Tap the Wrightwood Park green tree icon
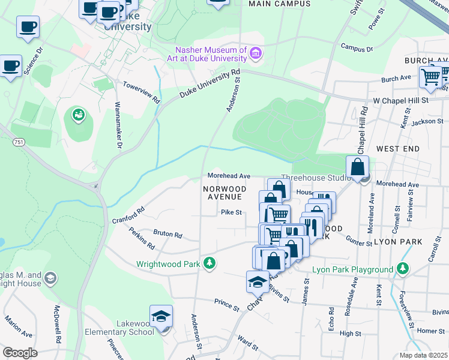(x=209, y=263)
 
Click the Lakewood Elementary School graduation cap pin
(x=161, y=316)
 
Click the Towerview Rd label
(x=142, y=91)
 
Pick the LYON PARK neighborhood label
(x=398, y=242)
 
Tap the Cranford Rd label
(x=128, y=215)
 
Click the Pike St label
(x=231, y=212)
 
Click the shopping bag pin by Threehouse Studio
(x=358, y=167)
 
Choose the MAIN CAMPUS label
(x=279, y=4)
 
